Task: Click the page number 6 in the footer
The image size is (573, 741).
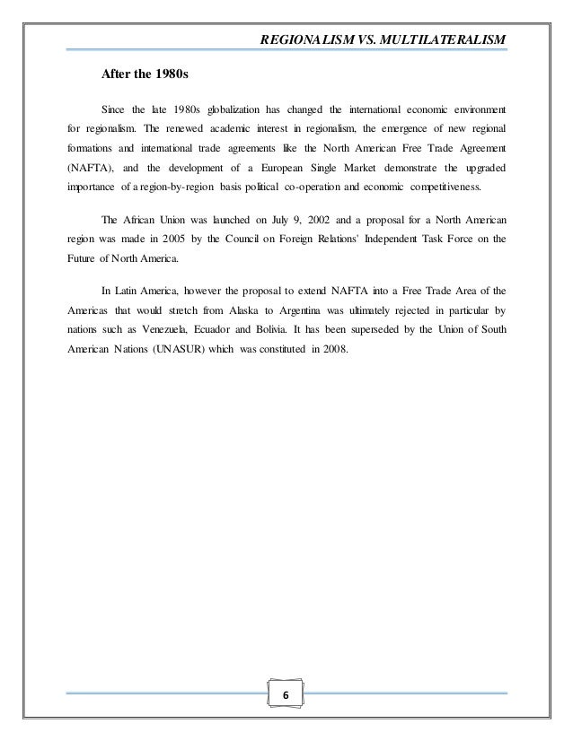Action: click(286, 697)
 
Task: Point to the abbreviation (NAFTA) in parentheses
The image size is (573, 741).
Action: click(92, 168)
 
